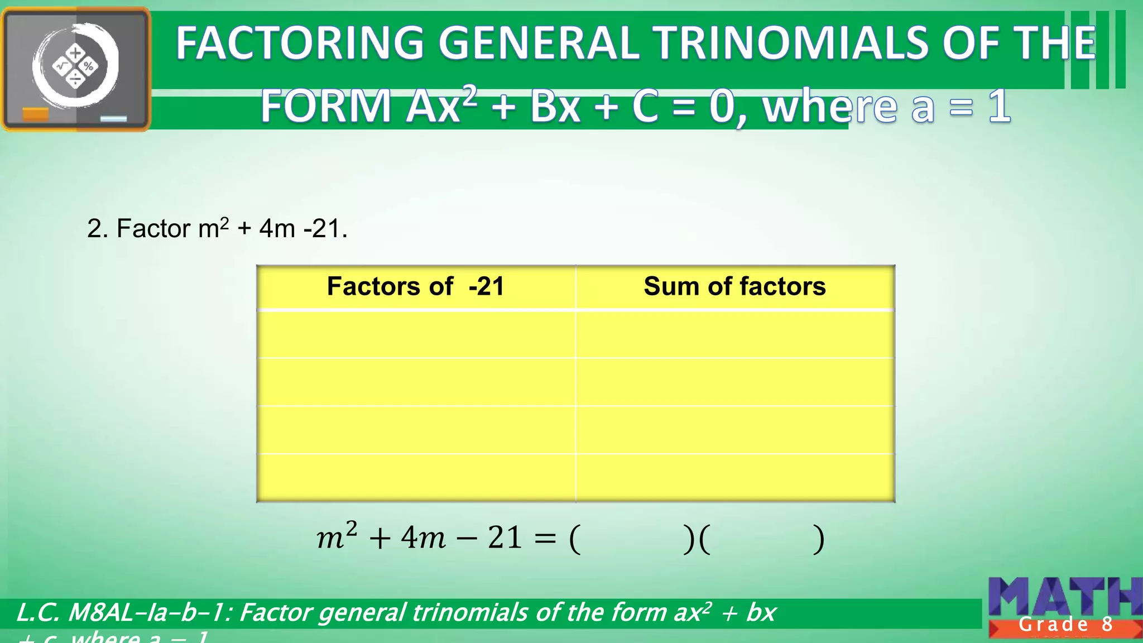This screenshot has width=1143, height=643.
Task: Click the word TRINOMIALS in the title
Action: point(792,44)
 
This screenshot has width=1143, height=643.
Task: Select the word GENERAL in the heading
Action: point(539,44)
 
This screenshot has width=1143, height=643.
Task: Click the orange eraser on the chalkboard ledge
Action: point(36,114)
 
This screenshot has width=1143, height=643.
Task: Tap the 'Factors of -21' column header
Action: point(416,287)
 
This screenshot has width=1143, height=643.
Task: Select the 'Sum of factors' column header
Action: point(734,287)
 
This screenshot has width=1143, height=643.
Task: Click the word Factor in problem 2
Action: point(153,229)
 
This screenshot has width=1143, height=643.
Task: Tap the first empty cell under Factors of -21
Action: point(416,334)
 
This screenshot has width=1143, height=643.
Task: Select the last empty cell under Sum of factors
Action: point(734,478)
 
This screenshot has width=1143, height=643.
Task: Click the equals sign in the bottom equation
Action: point(545,539)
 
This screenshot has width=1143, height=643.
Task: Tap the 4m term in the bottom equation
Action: point(423,538)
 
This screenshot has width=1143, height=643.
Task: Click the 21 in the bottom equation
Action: point(505,538)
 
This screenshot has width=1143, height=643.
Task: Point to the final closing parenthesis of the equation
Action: point(818,539)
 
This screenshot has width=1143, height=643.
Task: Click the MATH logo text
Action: point(1063,597)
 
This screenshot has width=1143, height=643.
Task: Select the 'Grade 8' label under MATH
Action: point(1065,625)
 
